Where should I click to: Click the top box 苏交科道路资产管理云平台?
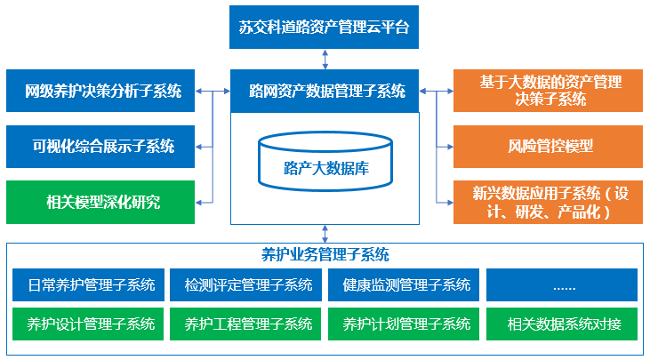324,26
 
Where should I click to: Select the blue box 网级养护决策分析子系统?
100,91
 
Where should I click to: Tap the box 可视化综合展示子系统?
100,147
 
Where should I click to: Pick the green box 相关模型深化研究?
100,202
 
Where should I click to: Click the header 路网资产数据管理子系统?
325,91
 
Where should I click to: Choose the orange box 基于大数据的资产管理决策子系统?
548,91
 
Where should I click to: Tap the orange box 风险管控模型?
548,147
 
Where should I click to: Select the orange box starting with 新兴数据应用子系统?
548,202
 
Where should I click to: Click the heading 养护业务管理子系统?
325,255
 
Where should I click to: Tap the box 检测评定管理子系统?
247,285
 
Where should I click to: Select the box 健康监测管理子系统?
405,285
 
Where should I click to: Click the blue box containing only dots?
562,285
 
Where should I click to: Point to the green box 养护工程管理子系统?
247,324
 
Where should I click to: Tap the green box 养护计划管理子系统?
405,324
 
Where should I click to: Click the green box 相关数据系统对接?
562,324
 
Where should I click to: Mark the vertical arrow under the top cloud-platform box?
325,59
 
